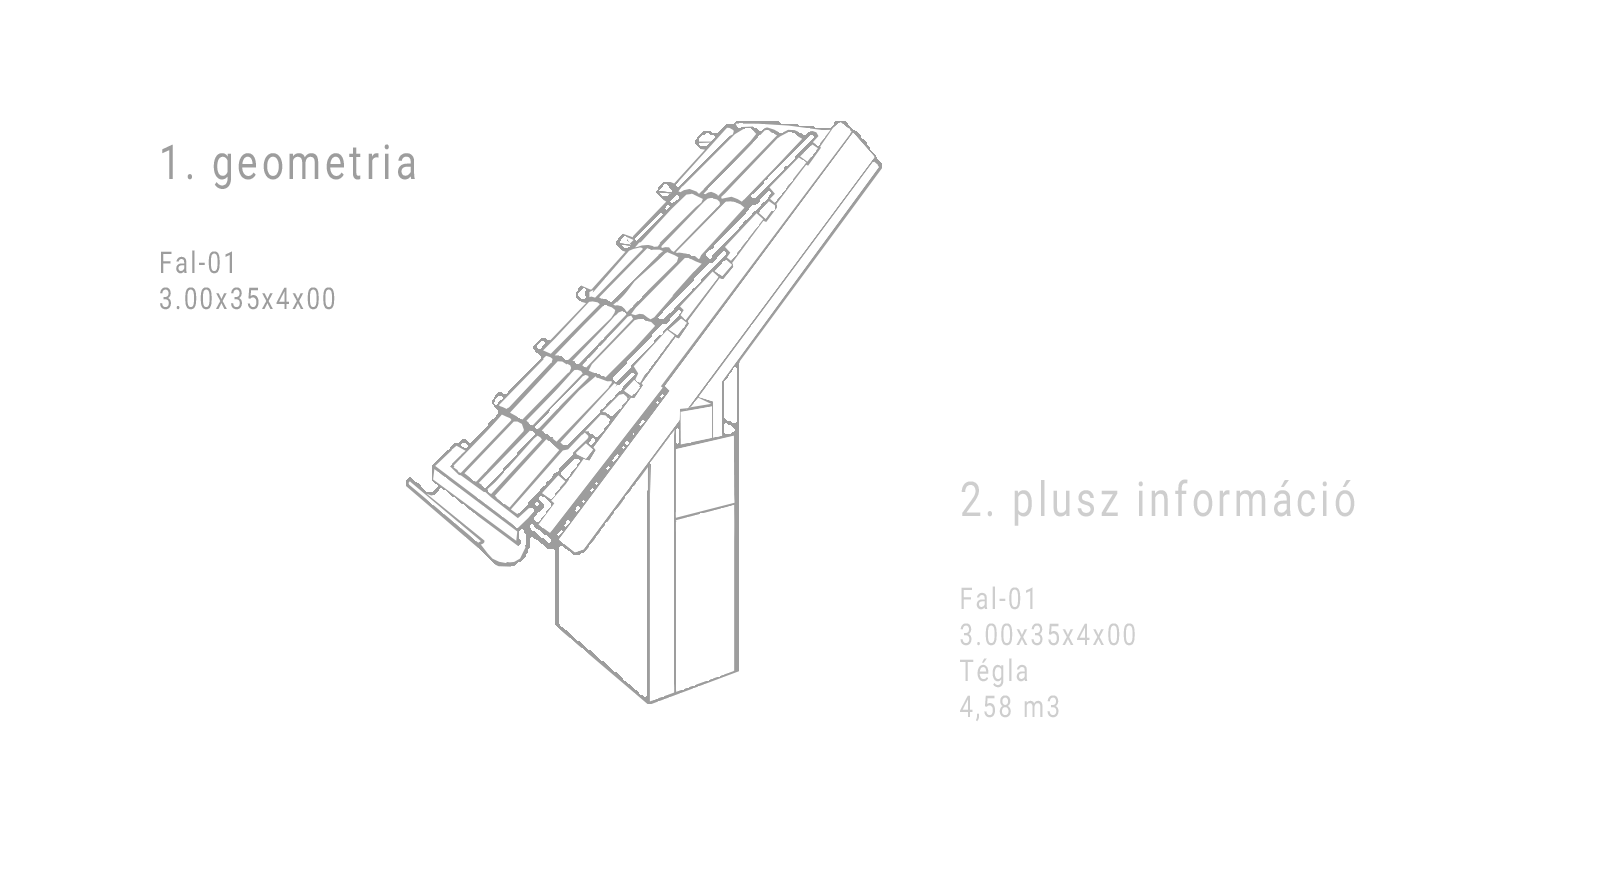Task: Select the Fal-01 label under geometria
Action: [197, 263]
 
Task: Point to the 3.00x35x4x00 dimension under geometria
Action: [247, 298]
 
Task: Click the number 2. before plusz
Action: [977, 500]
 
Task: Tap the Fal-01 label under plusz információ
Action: [998, 599]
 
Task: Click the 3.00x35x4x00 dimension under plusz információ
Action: [1047, 635]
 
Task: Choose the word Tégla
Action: [994, 671]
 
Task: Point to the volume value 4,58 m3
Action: [1009, 707]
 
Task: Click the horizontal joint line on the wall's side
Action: [704, 512]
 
